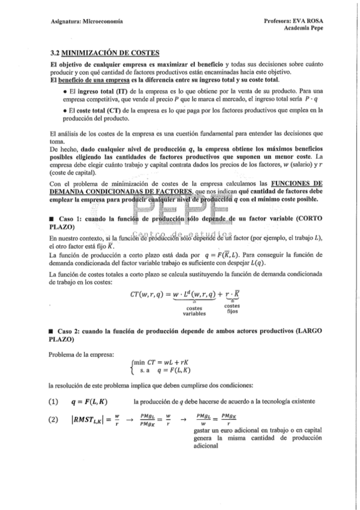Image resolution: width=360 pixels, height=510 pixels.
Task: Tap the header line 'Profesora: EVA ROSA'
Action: click(291, 21)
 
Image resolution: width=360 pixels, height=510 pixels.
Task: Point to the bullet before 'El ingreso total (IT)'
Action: click(64, 90)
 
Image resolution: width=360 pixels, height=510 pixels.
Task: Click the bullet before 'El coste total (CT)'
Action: click(64, 111)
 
